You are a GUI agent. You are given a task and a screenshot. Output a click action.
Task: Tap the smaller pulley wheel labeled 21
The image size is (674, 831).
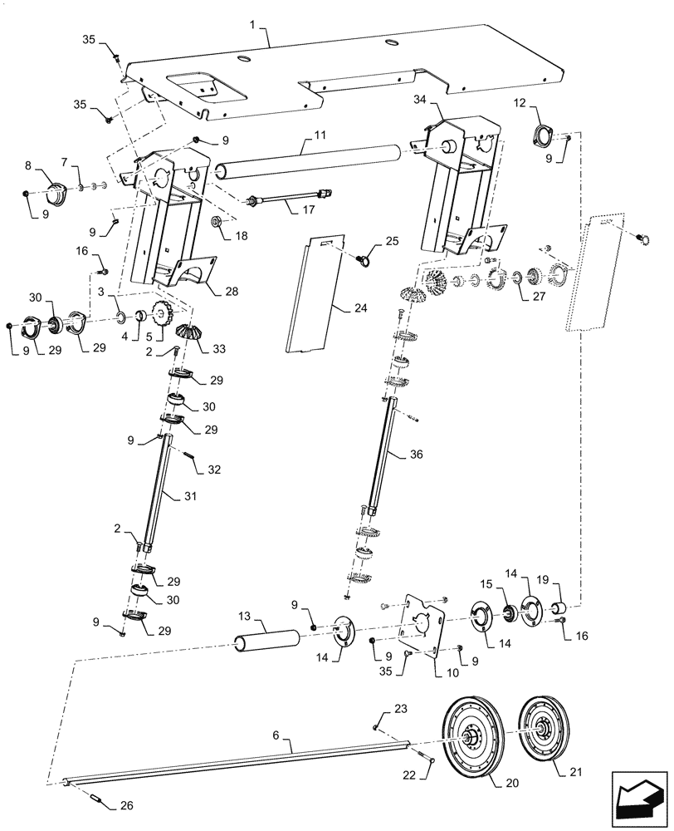click(545, 730)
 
